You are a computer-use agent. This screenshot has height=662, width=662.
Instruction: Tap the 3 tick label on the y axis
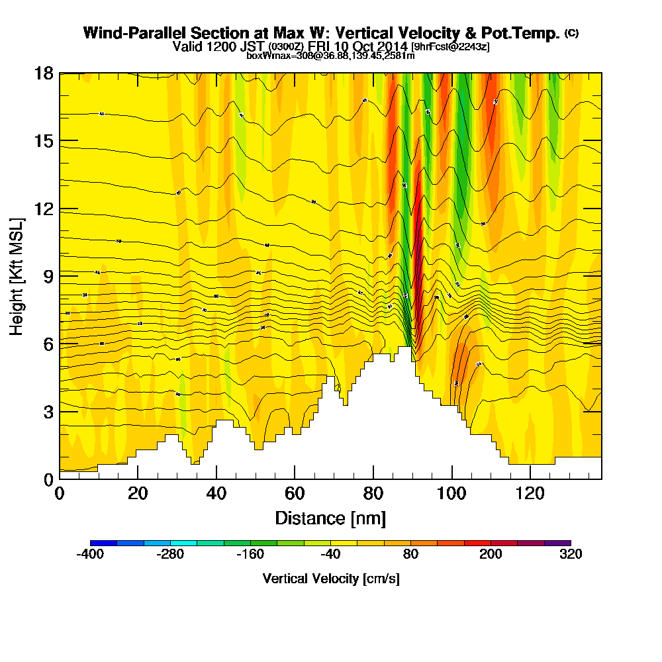point(48,411)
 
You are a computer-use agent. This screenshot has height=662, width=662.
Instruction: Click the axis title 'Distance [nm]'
point(330,518)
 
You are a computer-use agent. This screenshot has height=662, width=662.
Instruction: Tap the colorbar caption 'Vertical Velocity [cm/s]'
point(330,579)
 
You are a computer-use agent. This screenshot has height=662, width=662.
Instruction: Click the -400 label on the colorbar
point(91,555)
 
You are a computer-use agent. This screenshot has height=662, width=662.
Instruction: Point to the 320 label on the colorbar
point(570,555)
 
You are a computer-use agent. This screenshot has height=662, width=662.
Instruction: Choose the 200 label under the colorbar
point(491,555)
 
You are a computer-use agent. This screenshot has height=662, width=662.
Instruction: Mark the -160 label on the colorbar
point(250,555)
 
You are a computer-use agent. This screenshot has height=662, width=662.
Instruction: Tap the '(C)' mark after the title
point(571,33)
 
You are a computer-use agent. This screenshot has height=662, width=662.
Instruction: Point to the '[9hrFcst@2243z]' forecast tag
point(450,47)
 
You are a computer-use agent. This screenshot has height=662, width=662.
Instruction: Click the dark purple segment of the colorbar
point(557,542)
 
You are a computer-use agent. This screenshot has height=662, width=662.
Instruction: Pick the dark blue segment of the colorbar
point(104,542)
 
